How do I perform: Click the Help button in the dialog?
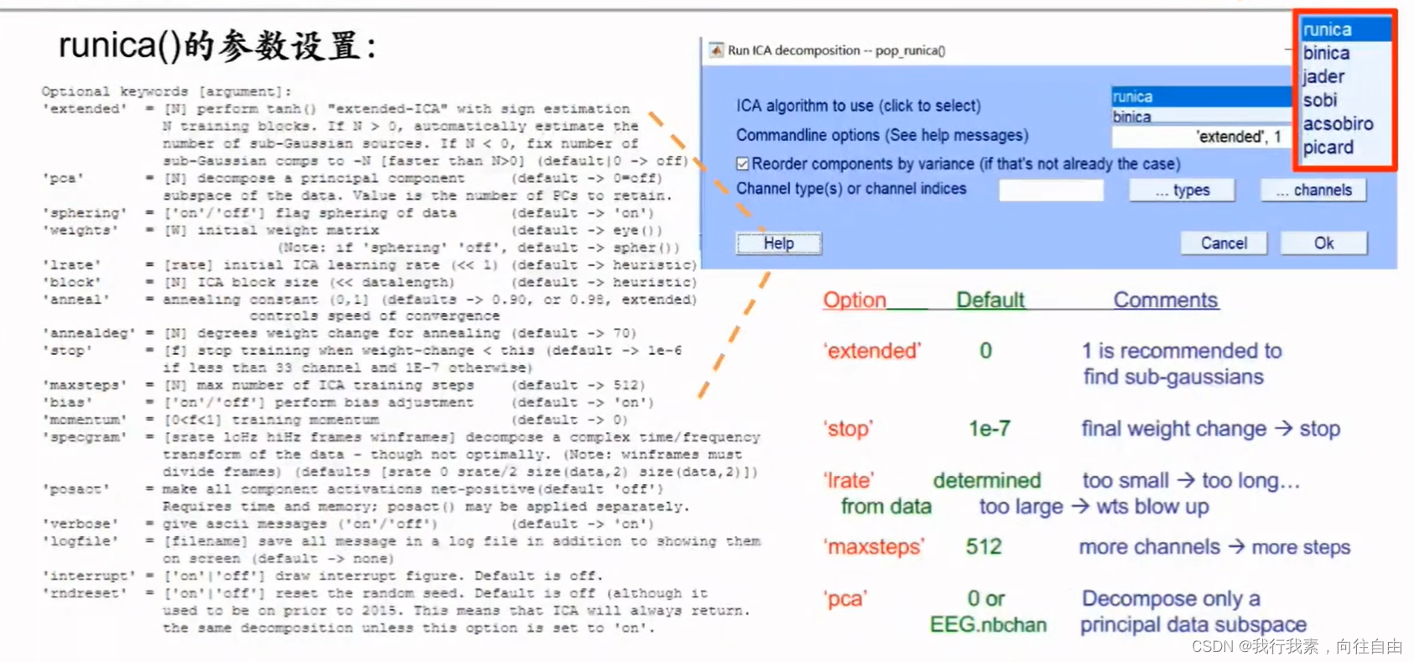pos(778,243)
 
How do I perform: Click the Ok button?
pos(1323,243)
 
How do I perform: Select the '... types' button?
pos(1182,190)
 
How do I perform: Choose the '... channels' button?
pos(1313,190)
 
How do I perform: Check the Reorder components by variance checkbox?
pos(742,164)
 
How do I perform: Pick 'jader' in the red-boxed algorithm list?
pos(1323,76)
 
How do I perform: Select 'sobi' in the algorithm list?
pos(1320,100)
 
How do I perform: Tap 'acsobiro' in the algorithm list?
pos(1338,123)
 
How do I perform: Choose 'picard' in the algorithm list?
pos(1328,147)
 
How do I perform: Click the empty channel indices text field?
pos(1051,190)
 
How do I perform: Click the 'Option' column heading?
pos(854,300)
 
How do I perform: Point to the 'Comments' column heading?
pos(1165,300)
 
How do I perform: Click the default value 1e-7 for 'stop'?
pos(989,429)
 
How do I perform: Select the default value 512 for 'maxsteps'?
pos(983,546)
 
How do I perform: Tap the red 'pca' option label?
pos(845,599)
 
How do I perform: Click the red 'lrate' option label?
pos(848,480)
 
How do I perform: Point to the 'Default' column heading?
pos(990,300)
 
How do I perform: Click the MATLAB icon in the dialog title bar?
pos(716,50)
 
